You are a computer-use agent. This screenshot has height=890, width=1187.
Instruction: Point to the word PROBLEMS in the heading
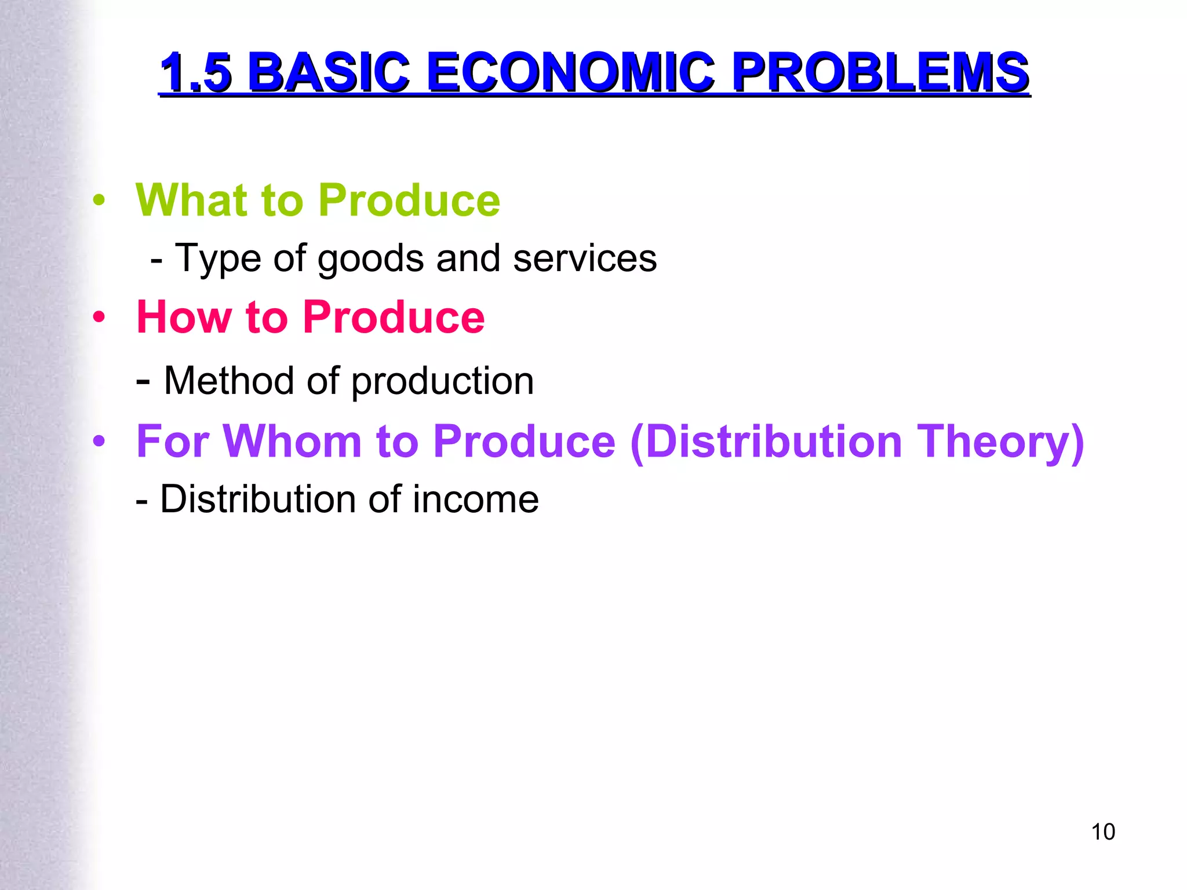click(x=880, y=73)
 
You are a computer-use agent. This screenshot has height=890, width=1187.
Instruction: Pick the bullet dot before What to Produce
click(x=99, y=200)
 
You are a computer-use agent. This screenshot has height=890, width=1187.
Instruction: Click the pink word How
click(x=184, y=318)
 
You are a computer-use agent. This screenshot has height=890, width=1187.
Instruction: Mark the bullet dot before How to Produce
click(x=99, y=318)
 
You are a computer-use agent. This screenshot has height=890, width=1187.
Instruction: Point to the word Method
click(x=228, y=381)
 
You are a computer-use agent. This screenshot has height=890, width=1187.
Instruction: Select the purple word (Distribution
click(x=766, y=442)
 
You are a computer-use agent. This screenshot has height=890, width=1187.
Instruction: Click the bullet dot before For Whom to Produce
click(x=99, y=442)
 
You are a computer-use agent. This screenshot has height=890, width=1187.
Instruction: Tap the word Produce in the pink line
click(x=394, y=318)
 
